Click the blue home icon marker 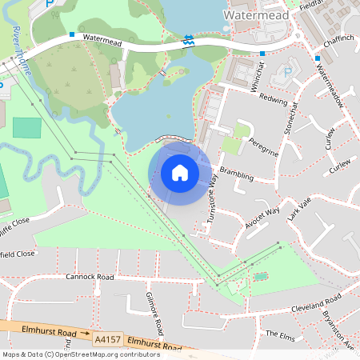pos(180,172)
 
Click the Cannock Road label pos(90,277)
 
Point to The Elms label pos(281,334)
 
